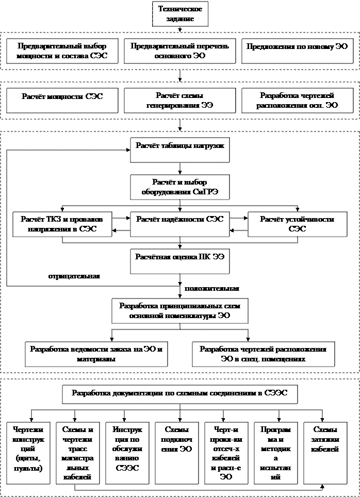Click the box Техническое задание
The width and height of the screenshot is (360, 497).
pos(180,14)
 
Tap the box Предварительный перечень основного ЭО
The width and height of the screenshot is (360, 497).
pos(180,51)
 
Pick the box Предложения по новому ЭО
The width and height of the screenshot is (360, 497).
pos(297,51)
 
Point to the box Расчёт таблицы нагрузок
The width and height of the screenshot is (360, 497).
pos(179,150)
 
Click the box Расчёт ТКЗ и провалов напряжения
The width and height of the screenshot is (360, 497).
pos(62,224)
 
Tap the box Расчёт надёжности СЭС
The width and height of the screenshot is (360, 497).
pos(179,224)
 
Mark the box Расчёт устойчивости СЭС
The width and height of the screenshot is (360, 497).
pos(297,224)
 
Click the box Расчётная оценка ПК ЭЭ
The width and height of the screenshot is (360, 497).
pos(179,261)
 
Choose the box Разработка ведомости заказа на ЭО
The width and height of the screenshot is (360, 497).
pos(96,354)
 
